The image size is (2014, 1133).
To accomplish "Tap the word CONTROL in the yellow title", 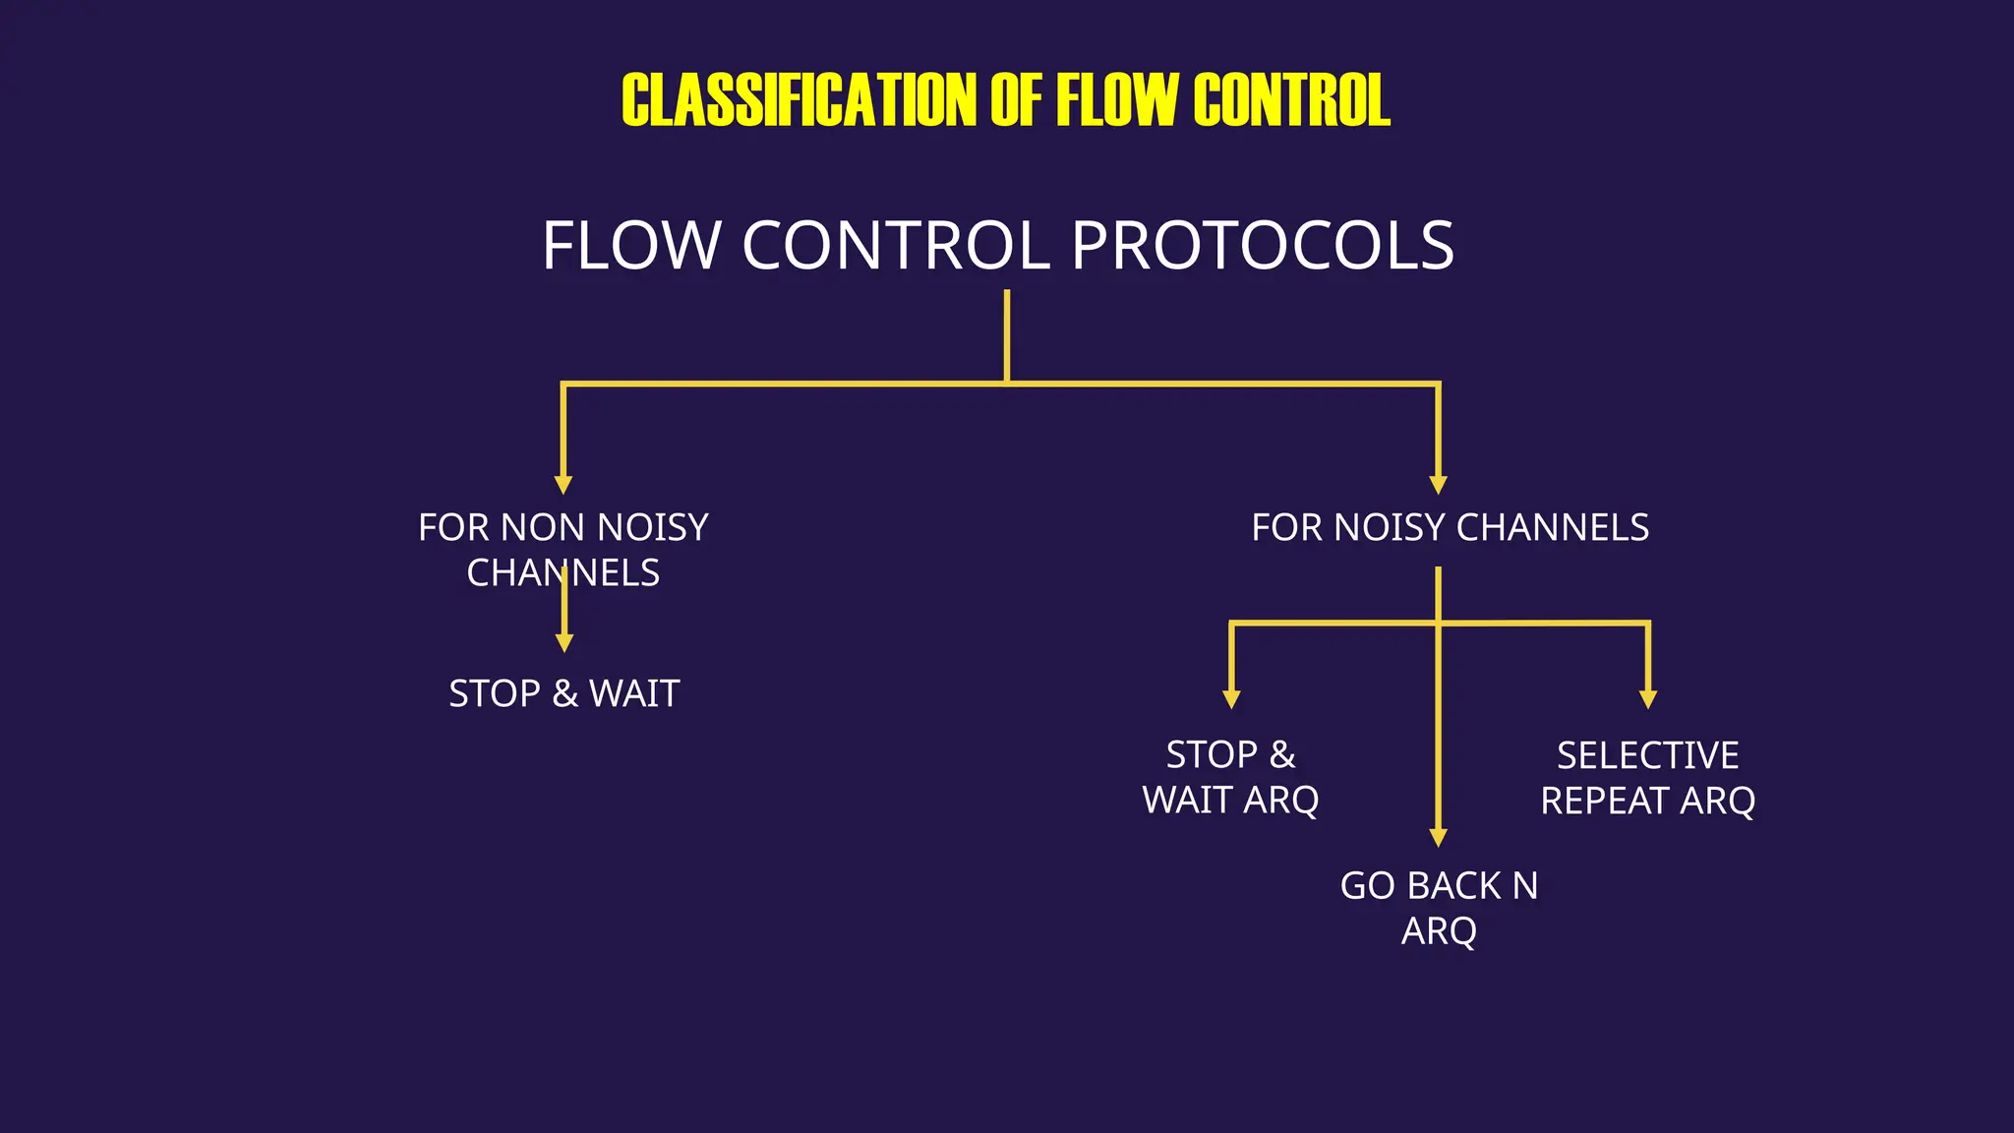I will click(1291, 100).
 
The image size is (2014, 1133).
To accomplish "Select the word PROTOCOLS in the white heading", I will click(1262, 246).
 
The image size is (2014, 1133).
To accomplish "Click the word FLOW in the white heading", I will click(631, 246).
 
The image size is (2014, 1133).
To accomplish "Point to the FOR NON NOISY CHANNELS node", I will click(563, 550).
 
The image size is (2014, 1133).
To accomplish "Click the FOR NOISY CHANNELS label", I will click(1450, 528).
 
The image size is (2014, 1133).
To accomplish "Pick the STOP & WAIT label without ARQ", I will click(563, 694).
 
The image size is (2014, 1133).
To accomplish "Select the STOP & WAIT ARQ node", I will click(1230, 778).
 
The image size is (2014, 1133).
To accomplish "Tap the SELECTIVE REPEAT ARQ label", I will click(1647, 778).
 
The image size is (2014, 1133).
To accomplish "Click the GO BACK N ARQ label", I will click(1439, 908).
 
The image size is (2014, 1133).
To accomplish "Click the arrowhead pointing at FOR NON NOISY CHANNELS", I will click(563, 485).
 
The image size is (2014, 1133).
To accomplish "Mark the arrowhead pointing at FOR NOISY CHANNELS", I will click(1439, 485).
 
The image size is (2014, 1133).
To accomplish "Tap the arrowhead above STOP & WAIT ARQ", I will click(1231, 699).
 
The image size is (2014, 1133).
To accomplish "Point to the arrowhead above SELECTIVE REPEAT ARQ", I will click(1648, 699).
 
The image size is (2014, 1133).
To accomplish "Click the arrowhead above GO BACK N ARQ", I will click(1439, 837).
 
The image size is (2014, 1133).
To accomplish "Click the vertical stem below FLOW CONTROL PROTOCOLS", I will click(1007, 334).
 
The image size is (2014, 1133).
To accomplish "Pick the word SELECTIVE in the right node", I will click(1647, 756).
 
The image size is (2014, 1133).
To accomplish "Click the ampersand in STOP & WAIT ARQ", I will click(1281, 755).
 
